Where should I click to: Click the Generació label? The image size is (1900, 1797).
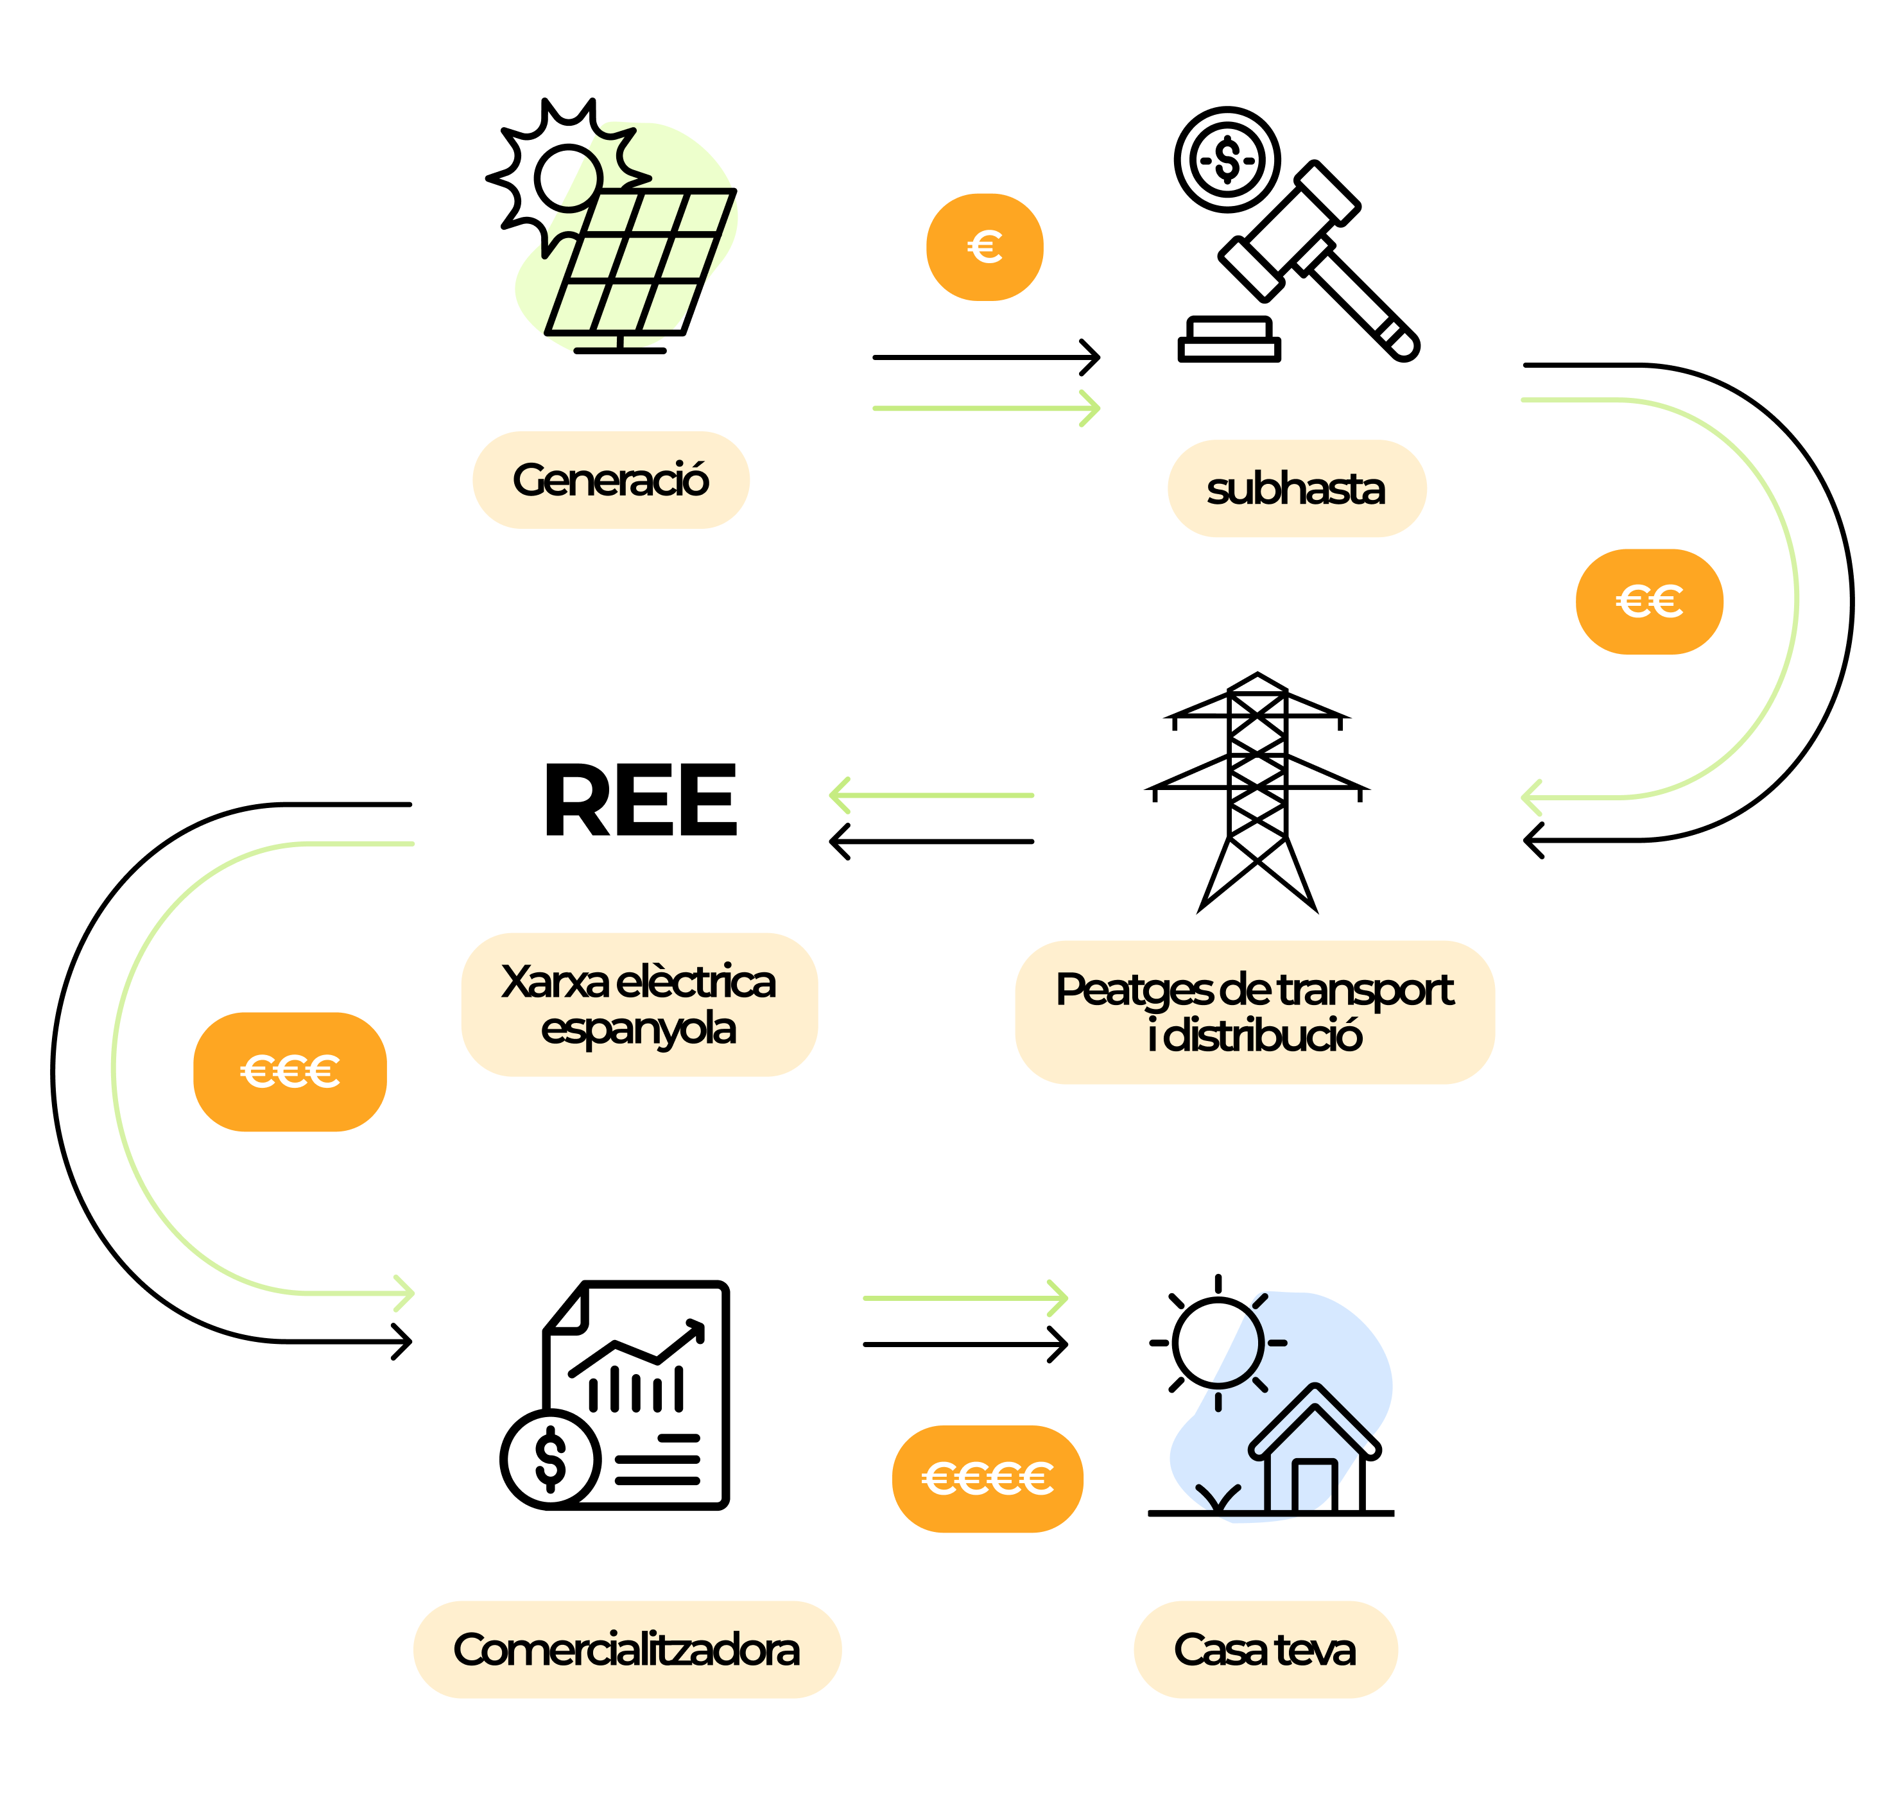point(610,480)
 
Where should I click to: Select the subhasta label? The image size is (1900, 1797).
point(1297,488)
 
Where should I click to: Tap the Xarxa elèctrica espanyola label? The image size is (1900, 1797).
point(639,1004)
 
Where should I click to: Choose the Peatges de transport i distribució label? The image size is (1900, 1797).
point(1254,1011)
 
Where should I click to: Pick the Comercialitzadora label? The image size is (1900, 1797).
point(626,1649)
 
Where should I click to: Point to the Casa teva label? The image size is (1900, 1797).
point(1265,1649)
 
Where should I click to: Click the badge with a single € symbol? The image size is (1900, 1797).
point(984,247)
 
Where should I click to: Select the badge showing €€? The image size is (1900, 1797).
point(1649,601)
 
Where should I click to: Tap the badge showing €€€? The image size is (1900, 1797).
point(289,1071)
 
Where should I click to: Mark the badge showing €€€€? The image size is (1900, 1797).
point(987,1479)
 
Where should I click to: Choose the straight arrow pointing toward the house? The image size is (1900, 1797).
point(965,1298)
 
